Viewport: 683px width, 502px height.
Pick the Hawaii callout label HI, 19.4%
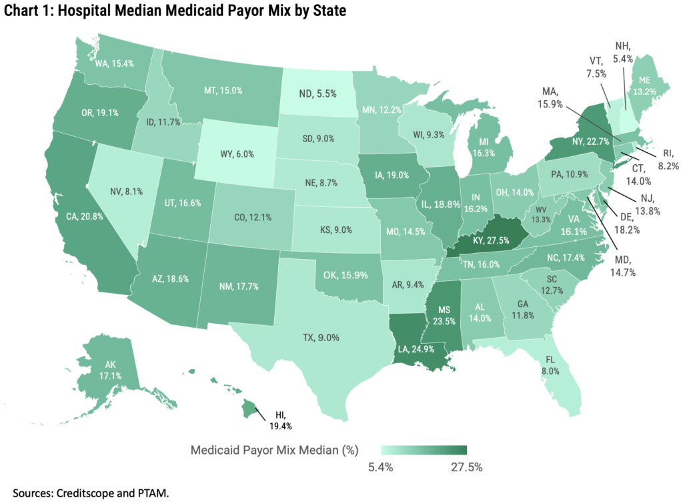tap(281, 419)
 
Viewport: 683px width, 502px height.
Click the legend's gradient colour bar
tap(424, 449)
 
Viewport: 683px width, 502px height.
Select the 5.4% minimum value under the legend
tap(382, 466)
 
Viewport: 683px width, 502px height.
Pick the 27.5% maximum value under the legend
tap(464, 466)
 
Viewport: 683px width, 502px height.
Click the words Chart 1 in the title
tap(28, 11)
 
